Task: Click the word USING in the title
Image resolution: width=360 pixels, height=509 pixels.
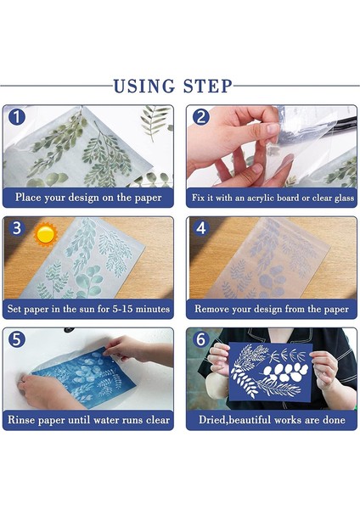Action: (x=144, y=87)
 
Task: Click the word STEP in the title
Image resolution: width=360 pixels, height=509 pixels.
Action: (x=208, y=87)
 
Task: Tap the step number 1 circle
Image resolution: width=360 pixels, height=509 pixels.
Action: (x=17, y=117)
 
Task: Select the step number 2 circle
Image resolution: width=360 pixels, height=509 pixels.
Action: (x=200, y=117)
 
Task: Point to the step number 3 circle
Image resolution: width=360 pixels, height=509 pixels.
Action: (x=17, y=228)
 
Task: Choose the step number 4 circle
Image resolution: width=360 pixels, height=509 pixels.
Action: (x=200, y=228)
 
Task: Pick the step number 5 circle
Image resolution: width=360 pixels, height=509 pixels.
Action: (x=17, y=339)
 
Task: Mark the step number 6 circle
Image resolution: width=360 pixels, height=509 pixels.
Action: (x=200, y=339)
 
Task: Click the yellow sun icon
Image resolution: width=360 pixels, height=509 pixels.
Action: (x=46, y=234)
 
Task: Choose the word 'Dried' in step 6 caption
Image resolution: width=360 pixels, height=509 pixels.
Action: (x=212, y=420)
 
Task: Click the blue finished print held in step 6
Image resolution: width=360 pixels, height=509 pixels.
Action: (x=270, y=372)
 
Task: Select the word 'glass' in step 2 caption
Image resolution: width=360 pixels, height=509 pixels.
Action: (x=344, y=198)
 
